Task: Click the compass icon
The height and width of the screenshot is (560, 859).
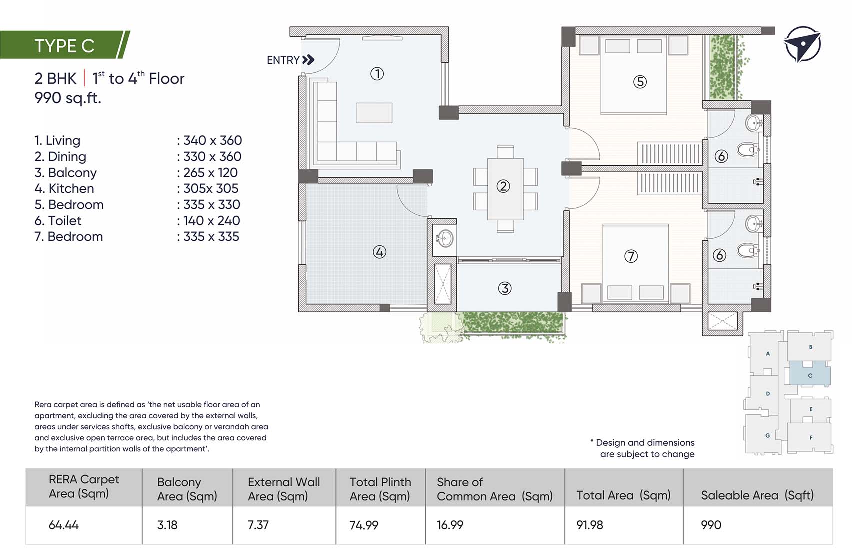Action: point(802,44)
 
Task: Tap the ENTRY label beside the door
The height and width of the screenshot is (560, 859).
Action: point(283,60)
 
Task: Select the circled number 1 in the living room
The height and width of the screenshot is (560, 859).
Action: point(377,74)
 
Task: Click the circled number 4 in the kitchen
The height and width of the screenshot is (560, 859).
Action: point(379,252)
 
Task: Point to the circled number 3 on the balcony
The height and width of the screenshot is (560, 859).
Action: point(505,288)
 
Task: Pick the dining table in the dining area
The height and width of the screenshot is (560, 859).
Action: point(505,189)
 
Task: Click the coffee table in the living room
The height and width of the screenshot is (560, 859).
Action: point(374,113)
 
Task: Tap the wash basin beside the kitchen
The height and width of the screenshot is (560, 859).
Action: point(443,238)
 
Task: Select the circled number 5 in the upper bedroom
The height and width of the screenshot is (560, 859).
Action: point(640,82)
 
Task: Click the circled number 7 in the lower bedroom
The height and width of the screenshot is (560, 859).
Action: point(631,256)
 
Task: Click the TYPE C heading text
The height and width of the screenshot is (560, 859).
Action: point(64,46)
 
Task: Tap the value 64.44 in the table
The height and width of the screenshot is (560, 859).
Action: point(64,525)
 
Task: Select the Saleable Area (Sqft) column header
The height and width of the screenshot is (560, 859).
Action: point(757,495)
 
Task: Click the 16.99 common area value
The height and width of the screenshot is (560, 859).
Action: point(450,525)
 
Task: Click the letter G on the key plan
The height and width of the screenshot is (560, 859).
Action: point(768,435)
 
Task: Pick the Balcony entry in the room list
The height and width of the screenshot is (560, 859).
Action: point(65,172)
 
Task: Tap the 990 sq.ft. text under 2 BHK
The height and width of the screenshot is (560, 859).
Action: point(68,98)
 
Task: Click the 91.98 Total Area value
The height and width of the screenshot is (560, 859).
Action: point(590,525)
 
